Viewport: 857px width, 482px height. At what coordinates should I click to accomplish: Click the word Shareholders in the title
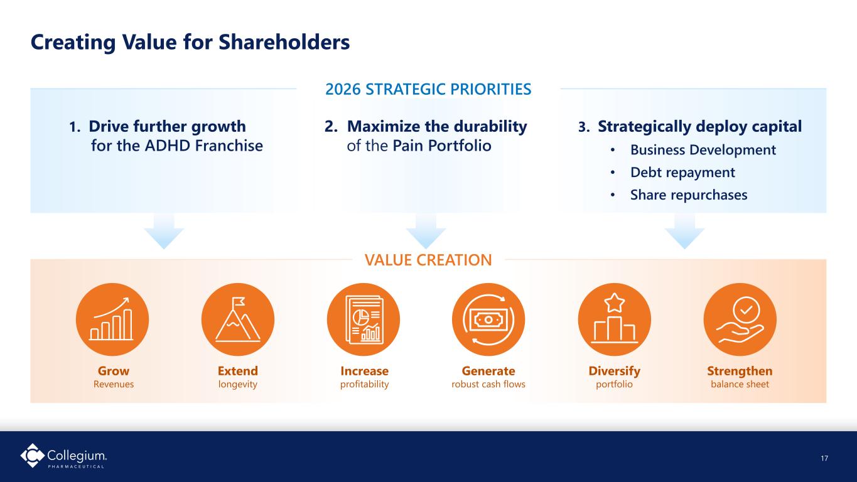point(284,41)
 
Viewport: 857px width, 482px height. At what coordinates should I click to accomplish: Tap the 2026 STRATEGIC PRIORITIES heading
point(428,89)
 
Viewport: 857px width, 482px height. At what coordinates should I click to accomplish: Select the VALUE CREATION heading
point(428,260)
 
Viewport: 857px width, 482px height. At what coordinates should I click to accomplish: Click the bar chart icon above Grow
point(112,319)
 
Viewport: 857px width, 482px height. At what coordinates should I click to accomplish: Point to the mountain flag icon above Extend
point(237,319)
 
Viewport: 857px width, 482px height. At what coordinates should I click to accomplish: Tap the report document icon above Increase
point(364,319)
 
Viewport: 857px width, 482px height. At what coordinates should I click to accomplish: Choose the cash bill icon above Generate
point(488,319)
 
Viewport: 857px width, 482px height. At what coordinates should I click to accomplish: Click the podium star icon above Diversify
point(615,319)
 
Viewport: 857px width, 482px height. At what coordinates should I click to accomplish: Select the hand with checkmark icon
point(740,319)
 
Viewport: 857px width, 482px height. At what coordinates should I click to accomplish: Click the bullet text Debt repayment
point(682,173)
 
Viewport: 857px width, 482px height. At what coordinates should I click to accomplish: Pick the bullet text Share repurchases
point(689,195)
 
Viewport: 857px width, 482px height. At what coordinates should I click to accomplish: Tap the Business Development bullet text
point(703,150)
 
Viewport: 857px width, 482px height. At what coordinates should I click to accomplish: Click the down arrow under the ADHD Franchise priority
point(164,232)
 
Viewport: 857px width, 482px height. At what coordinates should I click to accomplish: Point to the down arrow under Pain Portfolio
point(426,232)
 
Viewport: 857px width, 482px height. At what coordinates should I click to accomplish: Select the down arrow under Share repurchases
point(684,232)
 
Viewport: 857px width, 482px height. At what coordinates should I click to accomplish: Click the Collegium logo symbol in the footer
point(32,455)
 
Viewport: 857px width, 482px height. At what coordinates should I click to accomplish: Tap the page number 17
point(824,458)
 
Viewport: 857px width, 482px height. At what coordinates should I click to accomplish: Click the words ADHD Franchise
point(203,146)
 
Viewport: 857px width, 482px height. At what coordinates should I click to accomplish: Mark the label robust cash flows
point(488,384)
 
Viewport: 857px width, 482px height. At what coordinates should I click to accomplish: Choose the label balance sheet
point(740,384)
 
